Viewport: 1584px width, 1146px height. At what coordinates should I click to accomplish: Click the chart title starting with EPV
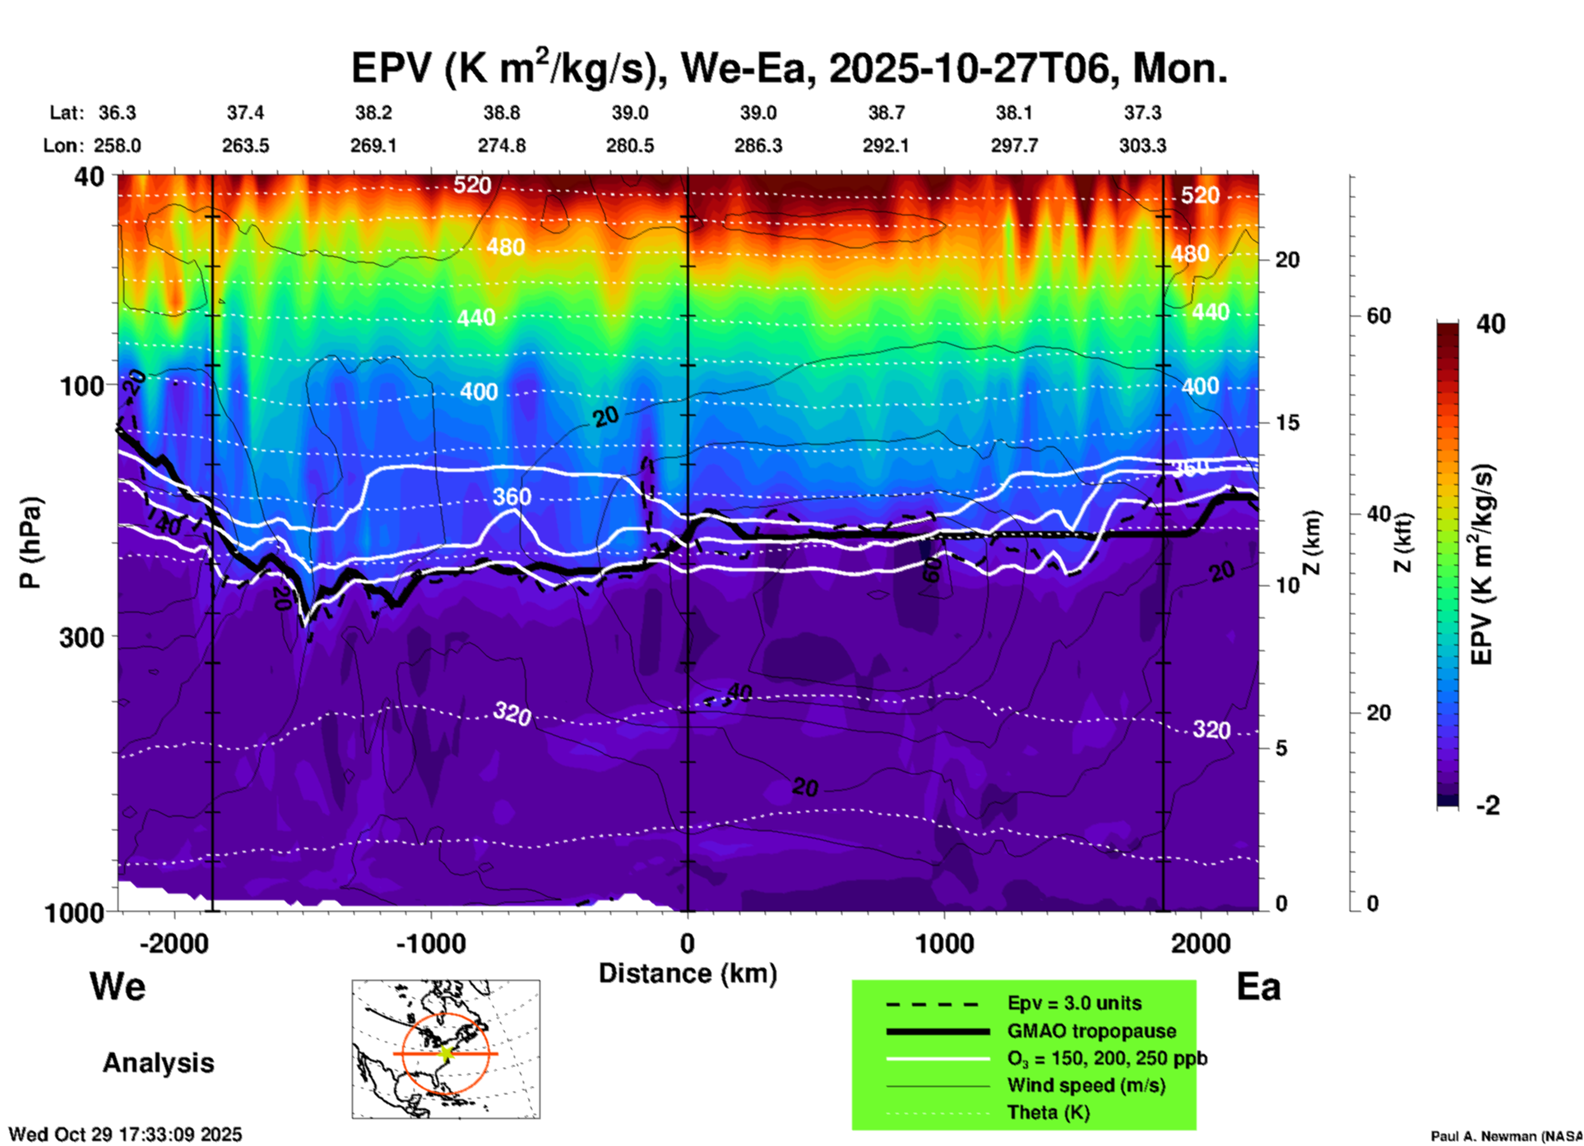click(790, 67)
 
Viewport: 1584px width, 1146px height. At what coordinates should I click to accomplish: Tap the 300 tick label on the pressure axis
click(82, 637)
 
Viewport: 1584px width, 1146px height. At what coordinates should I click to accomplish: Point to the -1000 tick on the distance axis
click(430, 944)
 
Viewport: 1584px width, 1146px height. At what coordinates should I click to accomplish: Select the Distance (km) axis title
click(688, 973)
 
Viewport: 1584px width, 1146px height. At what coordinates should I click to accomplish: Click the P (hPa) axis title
click(30, 543)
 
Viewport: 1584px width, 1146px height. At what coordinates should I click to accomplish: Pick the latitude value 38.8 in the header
click(501, 113)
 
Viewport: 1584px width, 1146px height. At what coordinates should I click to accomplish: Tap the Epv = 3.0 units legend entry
click(1074, 1004)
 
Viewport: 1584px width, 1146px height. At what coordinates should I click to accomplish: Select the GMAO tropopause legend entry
click(1091, 1031)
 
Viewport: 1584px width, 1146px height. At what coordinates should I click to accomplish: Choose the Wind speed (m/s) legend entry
click(1086, 1085)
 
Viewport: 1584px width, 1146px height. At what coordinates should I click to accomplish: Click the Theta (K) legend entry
click(1048, 1112)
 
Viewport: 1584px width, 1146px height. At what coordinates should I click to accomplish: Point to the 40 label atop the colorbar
click(1490, 324)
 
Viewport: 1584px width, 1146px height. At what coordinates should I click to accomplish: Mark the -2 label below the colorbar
click(1488, 805)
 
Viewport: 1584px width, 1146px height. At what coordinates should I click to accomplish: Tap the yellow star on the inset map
click(447, 1053)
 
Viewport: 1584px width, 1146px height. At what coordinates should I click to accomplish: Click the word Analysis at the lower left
click(158, 1063)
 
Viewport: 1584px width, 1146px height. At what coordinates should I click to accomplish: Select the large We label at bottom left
click(118, 987)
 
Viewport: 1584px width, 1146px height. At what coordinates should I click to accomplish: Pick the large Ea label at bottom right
click(1258, 987)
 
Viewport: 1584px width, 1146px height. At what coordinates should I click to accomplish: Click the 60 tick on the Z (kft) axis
click(1379, 316)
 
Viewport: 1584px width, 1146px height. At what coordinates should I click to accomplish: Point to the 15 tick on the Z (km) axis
click(1287, 423)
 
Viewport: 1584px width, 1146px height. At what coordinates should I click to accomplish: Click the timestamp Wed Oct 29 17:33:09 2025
click(125, 1134)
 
